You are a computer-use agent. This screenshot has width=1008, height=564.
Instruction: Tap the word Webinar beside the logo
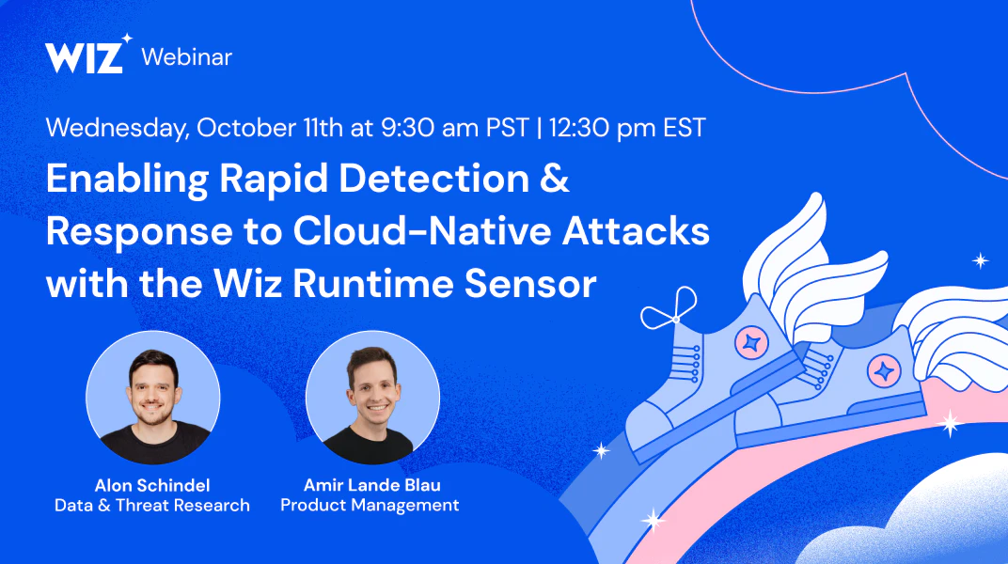(x=186, y=57)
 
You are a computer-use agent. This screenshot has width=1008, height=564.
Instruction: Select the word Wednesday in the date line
(x=118, y=128)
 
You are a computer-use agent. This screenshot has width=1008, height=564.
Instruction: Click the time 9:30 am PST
(x=454, y=127)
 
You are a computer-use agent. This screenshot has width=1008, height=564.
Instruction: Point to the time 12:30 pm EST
(x=627, y=127)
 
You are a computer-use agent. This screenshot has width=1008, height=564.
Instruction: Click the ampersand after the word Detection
(x=554, y=179)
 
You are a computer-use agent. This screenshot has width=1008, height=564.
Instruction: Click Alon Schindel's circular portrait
(x=153, y=398)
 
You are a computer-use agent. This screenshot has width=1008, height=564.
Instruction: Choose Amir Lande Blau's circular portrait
(x=373, y=398)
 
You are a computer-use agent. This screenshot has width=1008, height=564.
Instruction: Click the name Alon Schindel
(x=152, y=485)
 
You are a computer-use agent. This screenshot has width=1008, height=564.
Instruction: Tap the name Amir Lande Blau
(x=371, y=485)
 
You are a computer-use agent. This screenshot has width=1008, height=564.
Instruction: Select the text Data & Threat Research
(x=152, y=506)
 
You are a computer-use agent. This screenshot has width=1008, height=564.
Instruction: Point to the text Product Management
(x=370, y=506)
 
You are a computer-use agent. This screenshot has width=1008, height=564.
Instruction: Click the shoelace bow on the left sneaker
(x=670, y=310)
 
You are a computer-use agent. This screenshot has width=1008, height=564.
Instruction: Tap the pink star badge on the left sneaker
(x=751, y=342)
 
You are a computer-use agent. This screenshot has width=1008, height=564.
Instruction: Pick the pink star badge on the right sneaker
(x=884, y=371)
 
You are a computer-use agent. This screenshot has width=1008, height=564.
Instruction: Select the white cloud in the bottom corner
(x=913, y=514)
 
